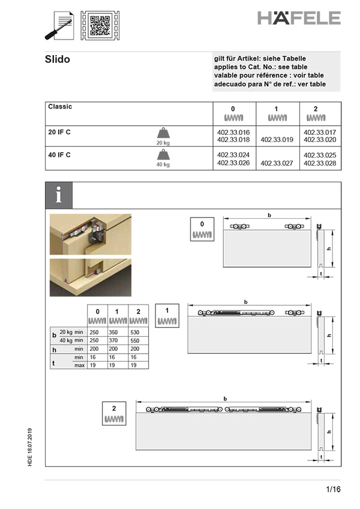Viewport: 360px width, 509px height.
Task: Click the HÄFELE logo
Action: (299, 18)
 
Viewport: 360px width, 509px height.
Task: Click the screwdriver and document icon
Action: (60, 25)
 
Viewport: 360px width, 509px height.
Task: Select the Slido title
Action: (58, 59)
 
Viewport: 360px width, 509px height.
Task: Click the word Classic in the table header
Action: (60, 107)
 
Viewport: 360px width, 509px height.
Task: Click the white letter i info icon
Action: (59, 195)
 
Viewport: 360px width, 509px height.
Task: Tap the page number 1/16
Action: (333, 489)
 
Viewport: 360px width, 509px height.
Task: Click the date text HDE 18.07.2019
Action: (31, 447)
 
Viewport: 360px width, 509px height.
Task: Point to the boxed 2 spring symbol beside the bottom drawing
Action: (114, 413)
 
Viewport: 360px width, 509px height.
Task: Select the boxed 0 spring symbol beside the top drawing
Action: (202, 229)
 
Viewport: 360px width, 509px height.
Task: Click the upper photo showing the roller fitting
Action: (90, 234)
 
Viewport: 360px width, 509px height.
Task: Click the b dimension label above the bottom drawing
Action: (225, 398)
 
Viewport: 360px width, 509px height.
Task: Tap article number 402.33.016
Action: (233, 132)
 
